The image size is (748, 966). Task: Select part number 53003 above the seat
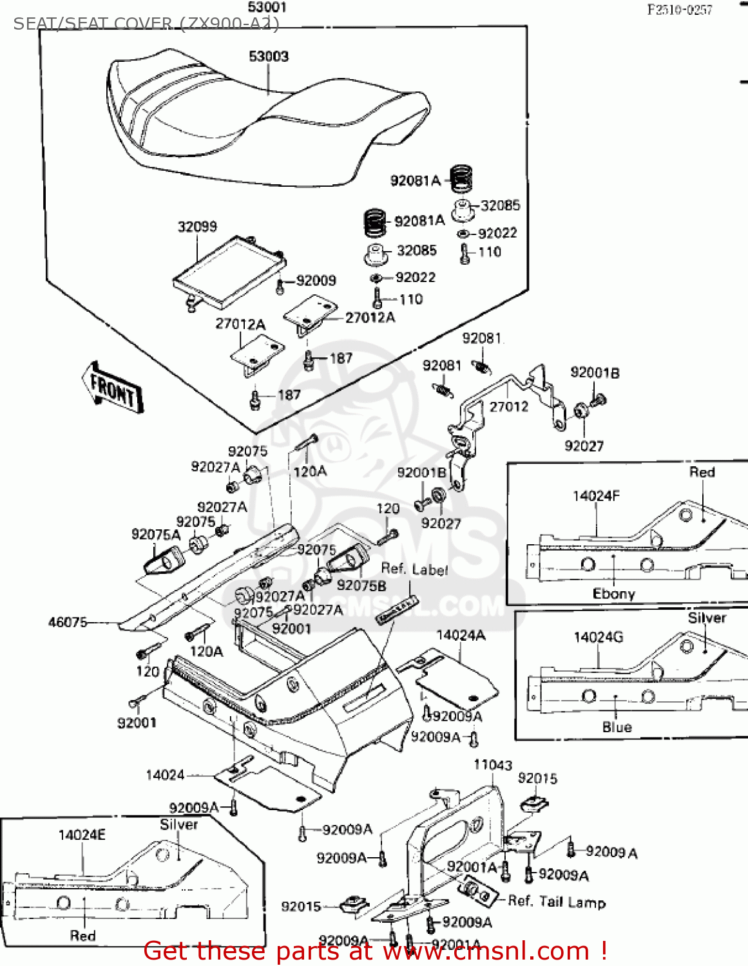[269, 57]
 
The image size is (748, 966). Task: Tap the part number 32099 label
[197, 227]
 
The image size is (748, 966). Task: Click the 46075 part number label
[68, 622]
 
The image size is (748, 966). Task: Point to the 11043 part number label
[493, 765]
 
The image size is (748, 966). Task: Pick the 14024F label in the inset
[596, 496]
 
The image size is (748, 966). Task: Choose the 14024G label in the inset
[599, 638]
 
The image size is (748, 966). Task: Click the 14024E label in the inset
[82, 835]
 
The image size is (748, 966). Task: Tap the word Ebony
[613, 594]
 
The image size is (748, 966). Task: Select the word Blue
[617, 727]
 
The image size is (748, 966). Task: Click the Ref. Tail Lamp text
[557, 902]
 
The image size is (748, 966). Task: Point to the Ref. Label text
[414, 569]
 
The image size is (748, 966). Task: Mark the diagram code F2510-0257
[680, 10]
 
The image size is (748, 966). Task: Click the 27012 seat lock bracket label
[508, 406]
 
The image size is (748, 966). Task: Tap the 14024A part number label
[461, 636]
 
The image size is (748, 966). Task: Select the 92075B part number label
[361, 585]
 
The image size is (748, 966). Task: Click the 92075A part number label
[156, 535]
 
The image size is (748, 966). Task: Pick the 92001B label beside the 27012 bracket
[595, 373]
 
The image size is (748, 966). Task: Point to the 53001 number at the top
[267, 8]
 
